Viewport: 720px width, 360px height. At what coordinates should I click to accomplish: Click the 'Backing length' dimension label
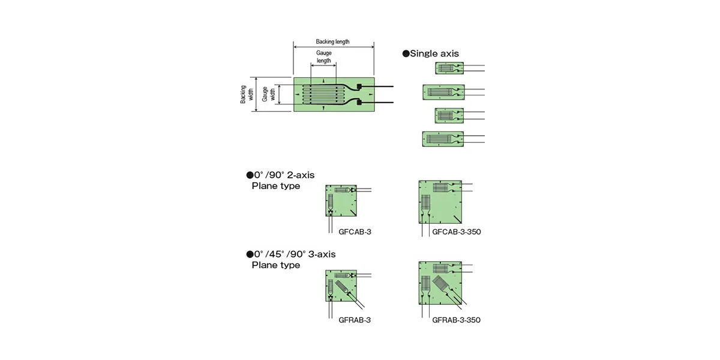click(x=332, y=42)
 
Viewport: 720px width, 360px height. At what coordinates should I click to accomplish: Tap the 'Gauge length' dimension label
click(x=323, y=57)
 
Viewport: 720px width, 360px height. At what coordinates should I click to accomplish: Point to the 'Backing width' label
click(x=247, y=95)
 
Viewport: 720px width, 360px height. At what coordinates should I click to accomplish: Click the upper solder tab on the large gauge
click(x=359, y=86)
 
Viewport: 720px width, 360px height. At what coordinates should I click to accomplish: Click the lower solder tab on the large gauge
click(x=359, y=103)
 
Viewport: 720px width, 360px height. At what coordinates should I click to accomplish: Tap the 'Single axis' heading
click(x=434, y=53)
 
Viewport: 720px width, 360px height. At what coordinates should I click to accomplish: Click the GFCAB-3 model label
click(x=355, y=232)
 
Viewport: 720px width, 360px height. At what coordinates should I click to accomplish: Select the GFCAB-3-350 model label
click(x=457, y=232)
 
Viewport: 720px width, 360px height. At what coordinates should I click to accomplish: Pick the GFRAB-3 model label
click(x=355, y=320)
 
